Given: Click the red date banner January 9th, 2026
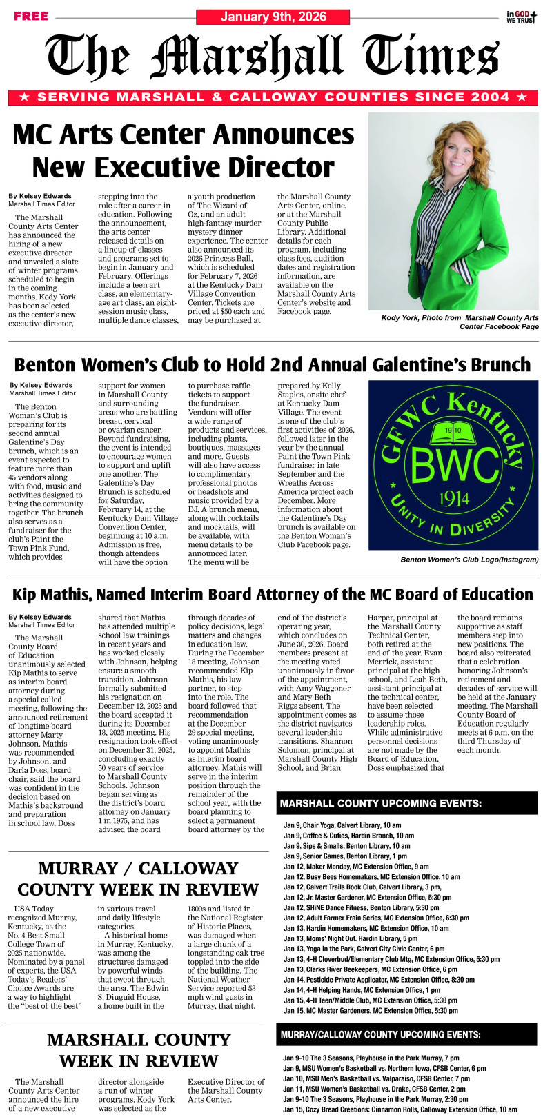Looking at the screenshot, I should (273, 17).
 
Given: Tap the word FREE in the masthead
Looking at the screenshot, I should (31, 16).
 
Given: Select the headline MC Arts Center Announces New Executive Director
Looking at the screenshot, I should (184, 150).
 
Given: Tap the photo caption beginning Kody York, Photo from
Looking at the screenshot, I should (460, 322).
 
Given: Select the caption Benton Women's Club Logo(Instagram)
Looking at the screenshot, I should (469, 560).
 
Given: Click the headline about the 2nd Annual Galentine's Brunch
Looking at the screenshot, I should (273, 364).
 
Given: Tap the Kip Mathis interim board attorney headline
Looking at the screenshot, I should (273, 595).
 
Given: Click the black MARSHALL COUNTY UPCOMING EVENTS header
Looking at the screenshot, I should (406, 804).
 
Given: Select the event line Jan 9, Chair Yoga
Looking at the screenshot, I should (342, 825).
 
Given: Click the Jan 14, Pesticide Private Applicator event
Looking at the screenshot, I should (379, 980).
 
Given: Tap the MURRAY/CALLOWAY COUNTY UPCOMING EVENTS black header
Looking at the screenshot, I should (406, 1035).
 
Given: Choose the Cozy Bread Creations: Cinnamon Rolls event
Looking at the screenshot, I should (400, 1109).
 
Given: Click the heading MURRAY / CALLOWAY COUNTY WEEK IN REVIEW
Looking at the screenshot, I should (138, 879).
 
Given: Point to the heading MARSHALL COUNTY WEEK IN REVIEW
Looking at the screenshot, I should (138, 1050).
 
